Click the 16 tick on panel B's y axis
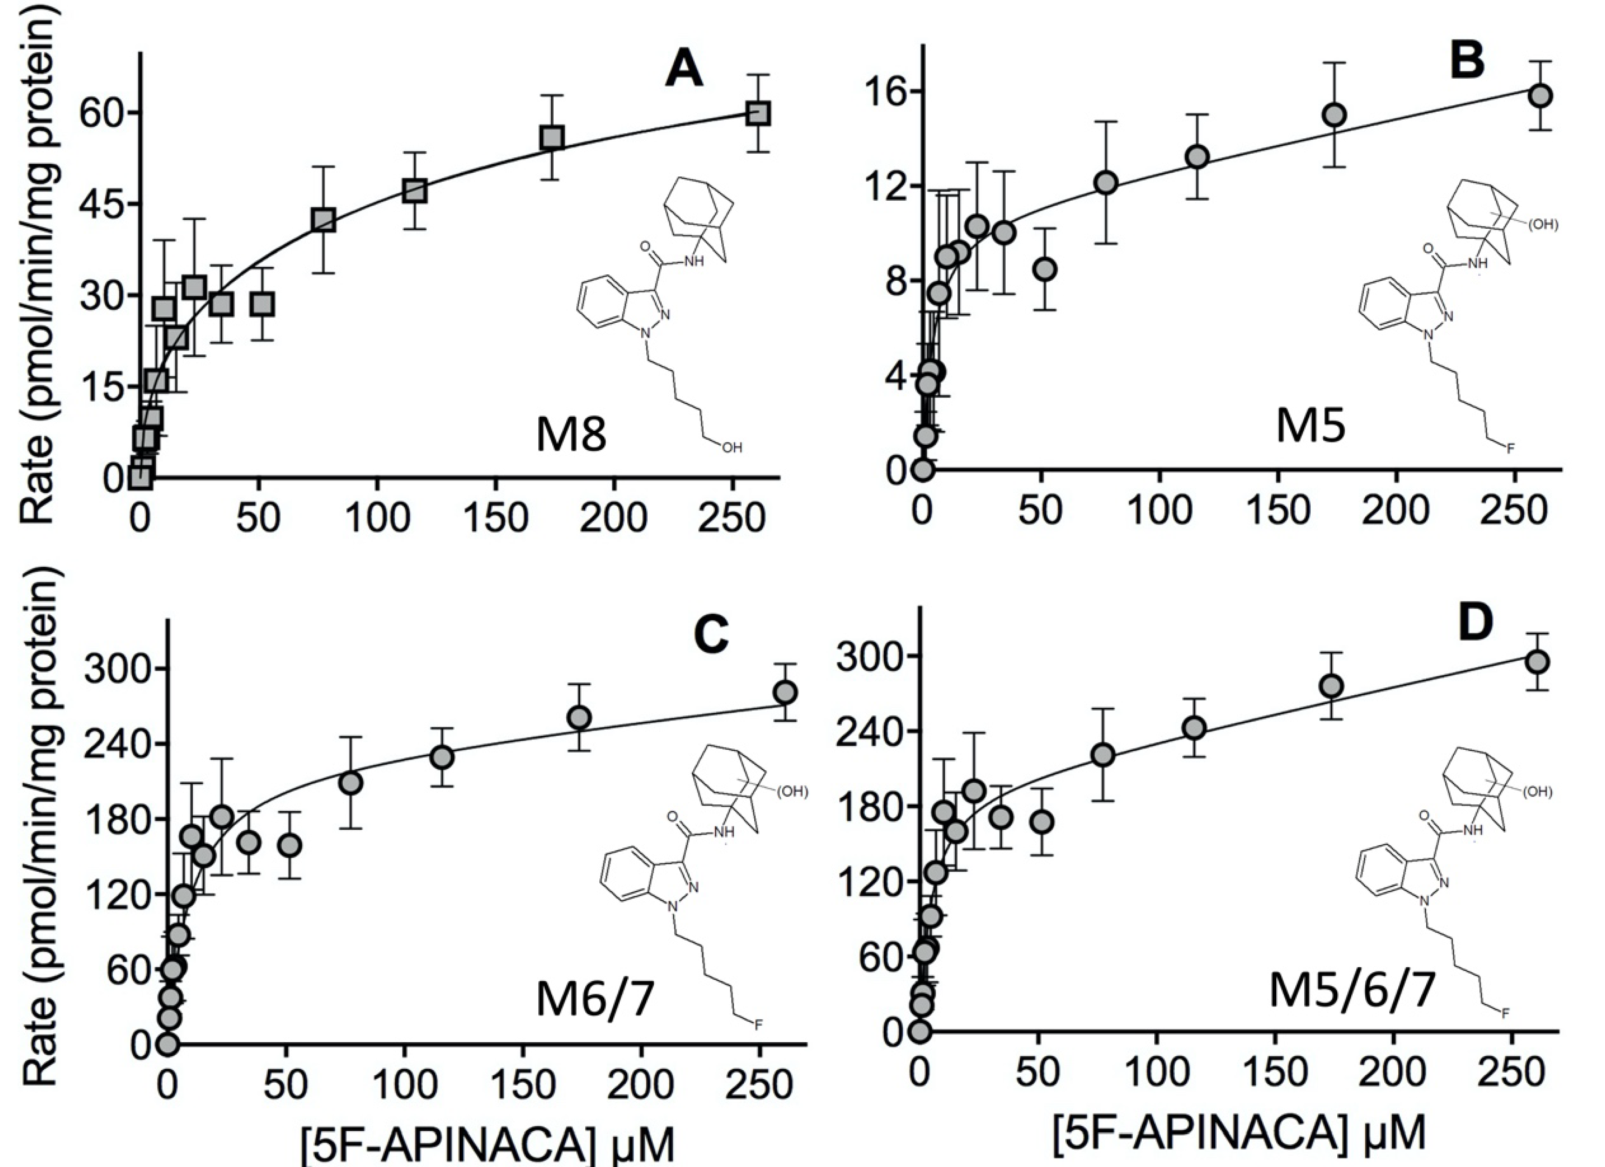click(x=893, y=92)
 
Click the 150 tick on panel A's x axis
click(x=495, y=518)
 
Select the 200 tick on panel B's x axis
click(x=1395, y=509)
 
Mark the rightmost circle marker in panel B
click(x=1541, y=95)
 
